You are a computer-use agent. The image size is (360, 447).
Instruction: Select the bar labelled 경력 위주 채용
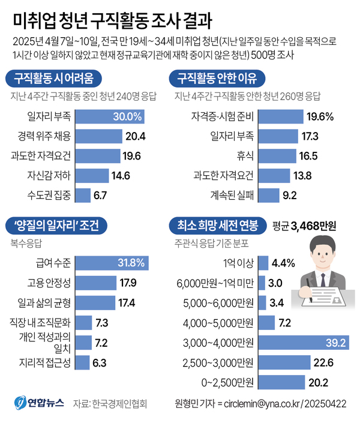click(98, 136)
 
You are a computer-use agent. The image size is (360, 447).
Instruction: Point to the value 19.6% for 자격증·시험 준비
click(320, 116)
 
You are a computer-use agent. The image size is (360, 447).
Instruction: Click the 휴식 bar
click(280, 156)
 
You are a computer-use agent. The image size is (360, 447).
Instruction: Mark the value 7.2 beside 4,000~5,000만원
click(284, 323)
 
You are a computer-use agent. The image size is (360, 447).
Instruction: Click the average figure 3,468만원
click(313, 226)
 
